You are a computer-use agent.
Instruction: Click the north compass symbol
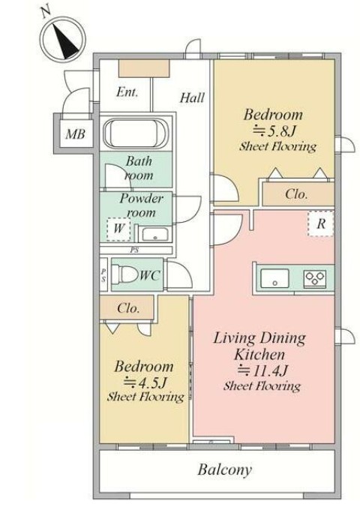(62, 40)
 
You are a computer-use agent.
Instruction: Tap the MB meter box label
(75, 133)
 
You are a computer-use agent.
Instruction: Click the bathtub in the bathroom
(135, 133)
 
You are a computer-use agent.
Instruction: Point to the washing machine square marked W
(118, 229)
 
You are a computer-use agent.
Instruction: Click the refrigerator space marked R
(321, 223)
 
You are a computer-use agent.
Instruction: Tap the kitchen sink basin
(274, 278)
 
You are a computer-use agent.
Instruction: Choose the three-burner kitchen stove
(314, 278)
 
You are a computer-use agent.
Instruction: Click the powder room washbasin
(155, 234)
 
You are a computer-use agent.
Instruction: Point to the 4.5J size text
(145, 382)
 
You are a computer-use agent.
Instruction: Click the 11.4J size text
(263, 370)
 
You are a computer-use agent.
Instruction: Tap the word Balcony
(225, 469)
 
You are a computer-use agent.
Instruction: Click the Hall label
(193, 97)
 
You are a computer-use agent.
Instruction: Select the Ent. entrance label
(127, 92)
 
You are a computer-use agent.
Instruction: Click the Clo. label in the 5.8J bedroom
(296, 194)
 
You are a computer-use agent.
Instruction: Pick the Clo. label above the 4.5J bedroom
(129, 307)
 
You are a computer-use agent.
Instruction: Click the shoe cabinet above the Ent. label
(144, 69)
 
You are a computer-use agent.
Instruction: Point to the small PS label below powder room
(134, 250)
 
